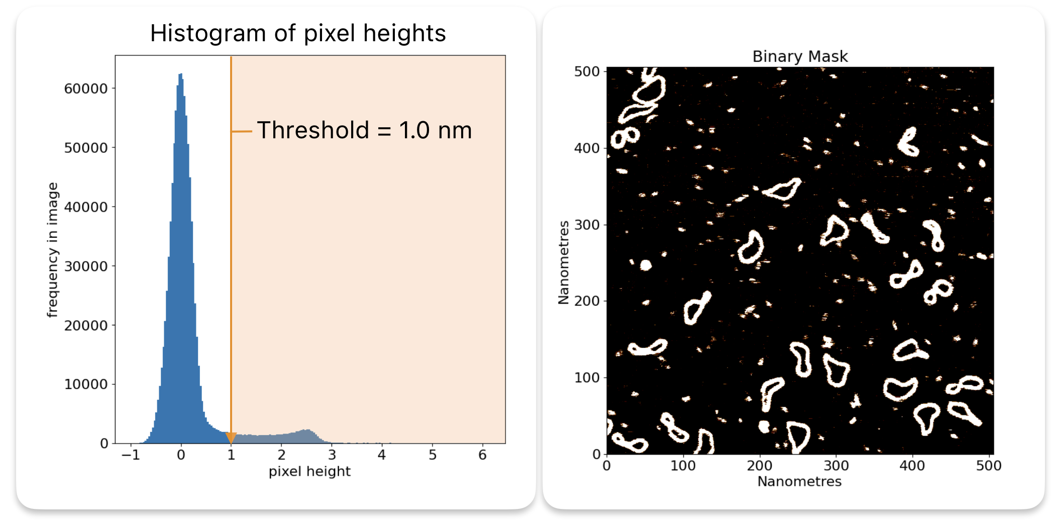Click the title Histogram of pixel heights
click(x=298, y=34)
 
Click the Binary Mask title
click(x=800, y=56)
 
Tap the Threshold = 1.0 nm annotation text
click(x=364, y=130)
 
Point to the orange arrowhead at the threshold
click(x=231, y=438)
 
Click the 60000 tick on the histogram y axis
click(x=86, y=89)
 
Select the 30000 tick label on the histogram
click(x=86, y=266)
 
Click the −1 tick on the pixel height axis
click(x=131, y=455)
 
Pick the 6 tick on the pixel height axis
click(x=482, y=455)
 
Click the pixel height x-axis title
click(x=309, y=472)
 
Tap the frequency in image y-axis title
click(x=53, y=250)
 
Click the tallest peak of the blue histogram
click(x=180, y=75)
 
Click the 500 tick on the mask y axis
click(x=587, y=71)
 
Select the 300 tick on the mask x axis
click(x=836, y=466)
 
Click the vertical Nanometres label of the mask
click(x=564, y=263)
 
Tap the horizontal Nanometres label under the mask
click(x=799, y=482)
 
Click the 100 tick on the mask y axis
click(x=587, y=378)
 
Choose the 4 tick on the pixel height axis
click(x=382, y=455)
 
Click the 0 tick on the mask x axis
click(x=607, y=466)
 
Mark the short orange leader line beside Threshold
click(x=242, y=131)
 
